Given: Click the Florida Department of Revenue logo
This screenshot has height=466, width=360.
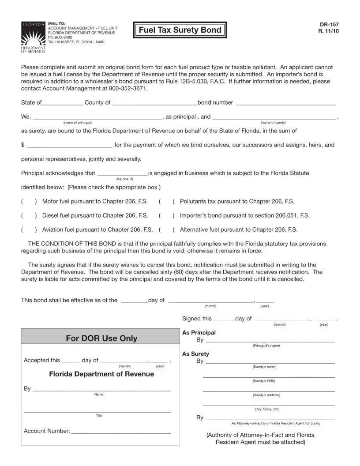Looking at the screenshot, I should click(33, 37).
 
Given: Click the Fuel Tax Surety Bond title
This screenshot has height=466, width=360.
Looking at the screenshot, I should click(180, 30).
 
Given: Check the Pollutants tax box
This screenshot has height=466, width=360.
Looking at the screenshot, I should click(167, 202).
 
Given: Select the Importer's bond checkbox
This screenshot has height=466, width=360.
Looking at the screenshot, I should click(167, 216).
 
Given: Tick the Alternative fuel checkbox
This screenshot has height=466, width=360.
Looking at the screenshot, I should click(167, 230).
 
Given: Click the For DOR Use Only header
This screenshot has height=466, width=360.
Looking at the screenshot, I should click(101, 338).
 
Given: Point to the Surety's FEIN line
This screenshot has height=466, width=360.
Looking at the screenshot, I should click(269, 376).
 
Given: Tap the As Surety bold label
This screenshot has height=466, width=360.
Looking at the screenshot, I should click(195, 354).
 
